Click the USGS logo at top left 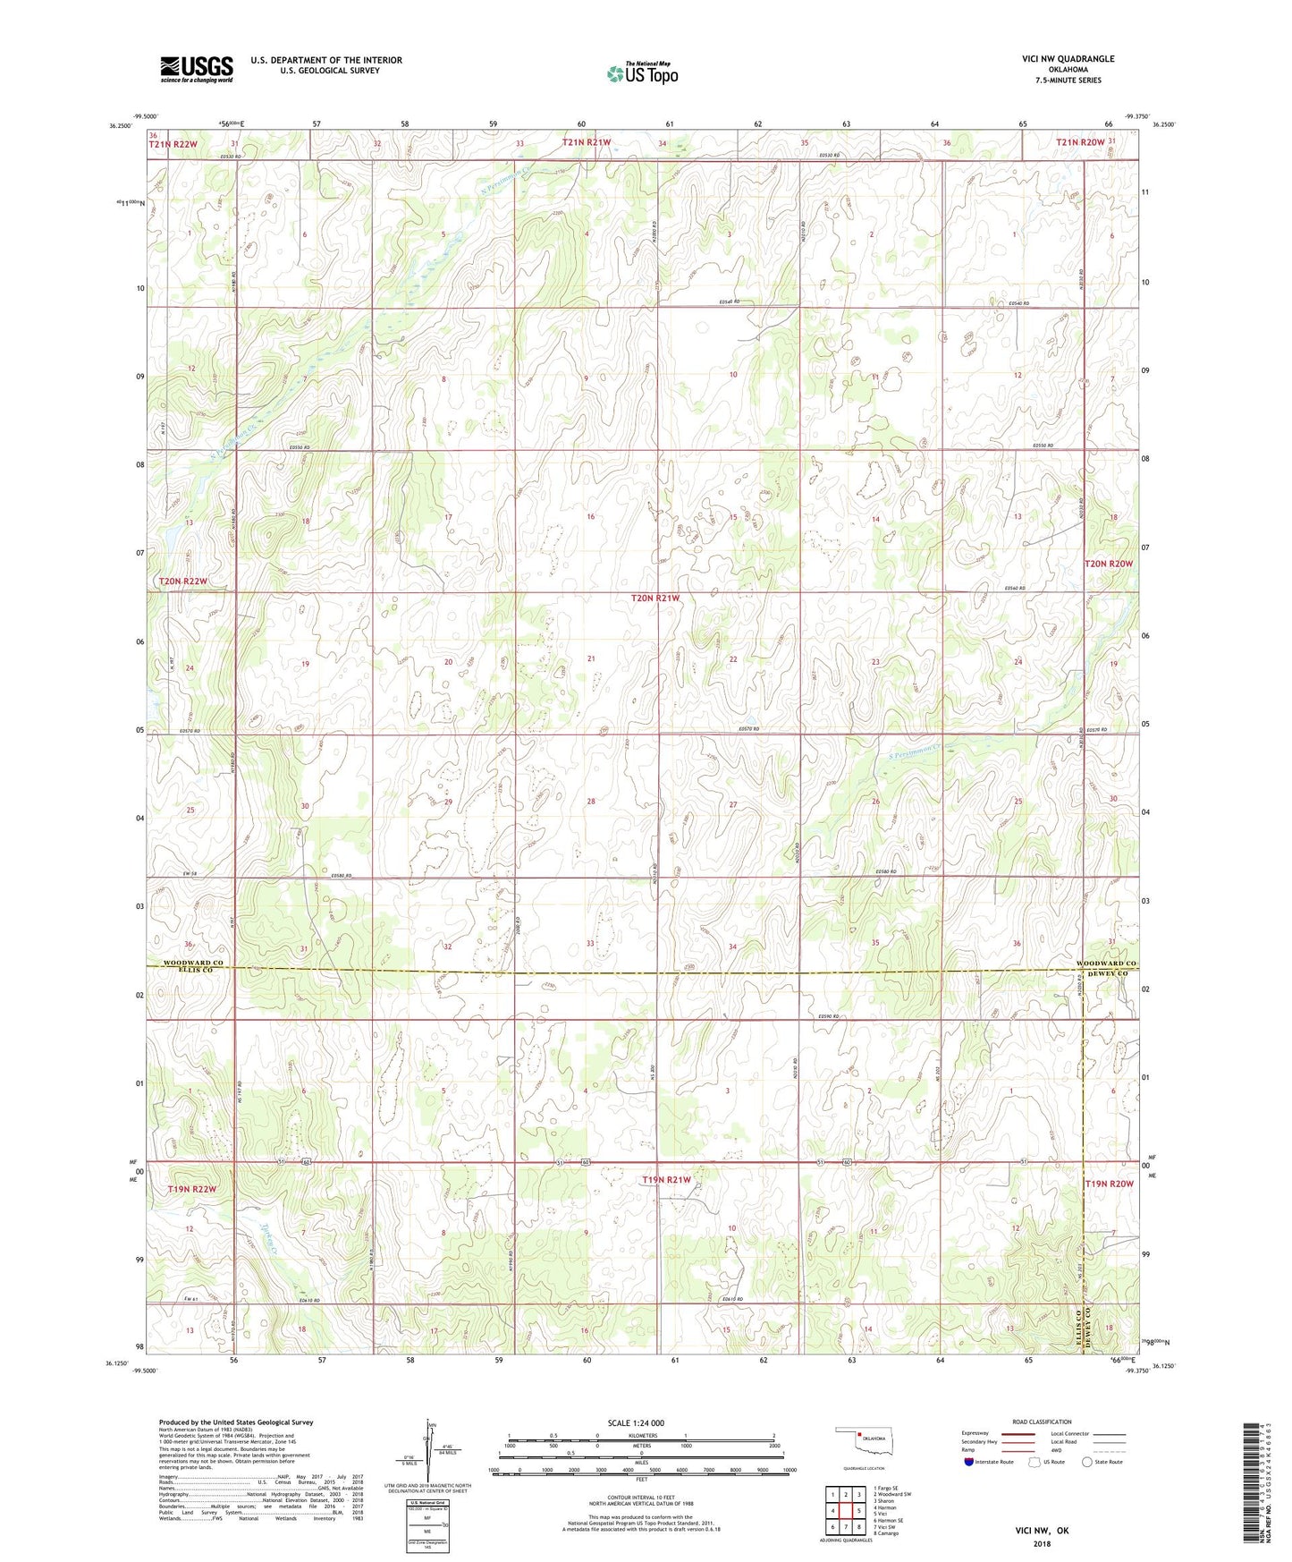point(197,69)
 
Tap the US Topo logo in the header point(641,74)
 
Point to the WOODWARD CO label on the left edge point(192,963)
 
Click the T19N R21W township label point(666,1180)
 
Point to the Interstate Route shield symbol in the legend point(968,1462)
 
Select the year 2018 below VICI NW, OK point(1041,1543)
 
